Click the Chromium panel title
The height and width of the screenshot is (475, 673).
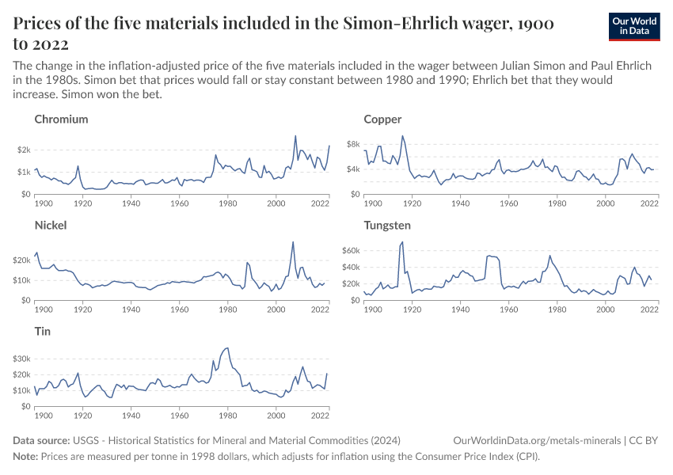(61, 120)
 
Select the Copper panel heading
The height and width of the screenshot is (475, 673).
(382, 120)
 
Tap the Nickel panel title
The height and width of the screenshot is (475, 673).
(51, 226)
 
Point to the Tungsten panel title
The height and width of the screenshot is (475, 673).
(387, 226)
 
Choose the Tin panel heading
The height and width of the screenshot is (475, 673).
(42, 332)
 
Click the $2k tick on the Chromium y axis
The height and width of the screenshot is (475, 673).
(23, 150)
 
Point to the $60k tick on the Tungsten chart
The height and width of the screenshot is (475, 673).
(350, 250)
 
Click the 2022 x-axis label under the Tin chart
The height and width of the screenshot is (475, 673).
(320, 416)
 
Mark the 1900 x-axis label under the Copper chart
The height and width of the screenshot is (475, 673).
(372, 203)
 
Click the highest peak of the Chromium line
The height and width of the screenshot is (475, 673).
(295, 135)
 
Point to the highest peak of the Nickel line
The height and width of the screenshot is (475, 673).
(293, 242)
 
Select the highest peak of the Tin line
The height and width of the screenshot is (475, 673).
(228, 348)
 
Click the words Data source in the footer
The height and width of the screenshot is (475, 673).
(41, 440)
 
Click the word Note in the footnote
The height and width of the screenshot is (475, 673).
(25, 457)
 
